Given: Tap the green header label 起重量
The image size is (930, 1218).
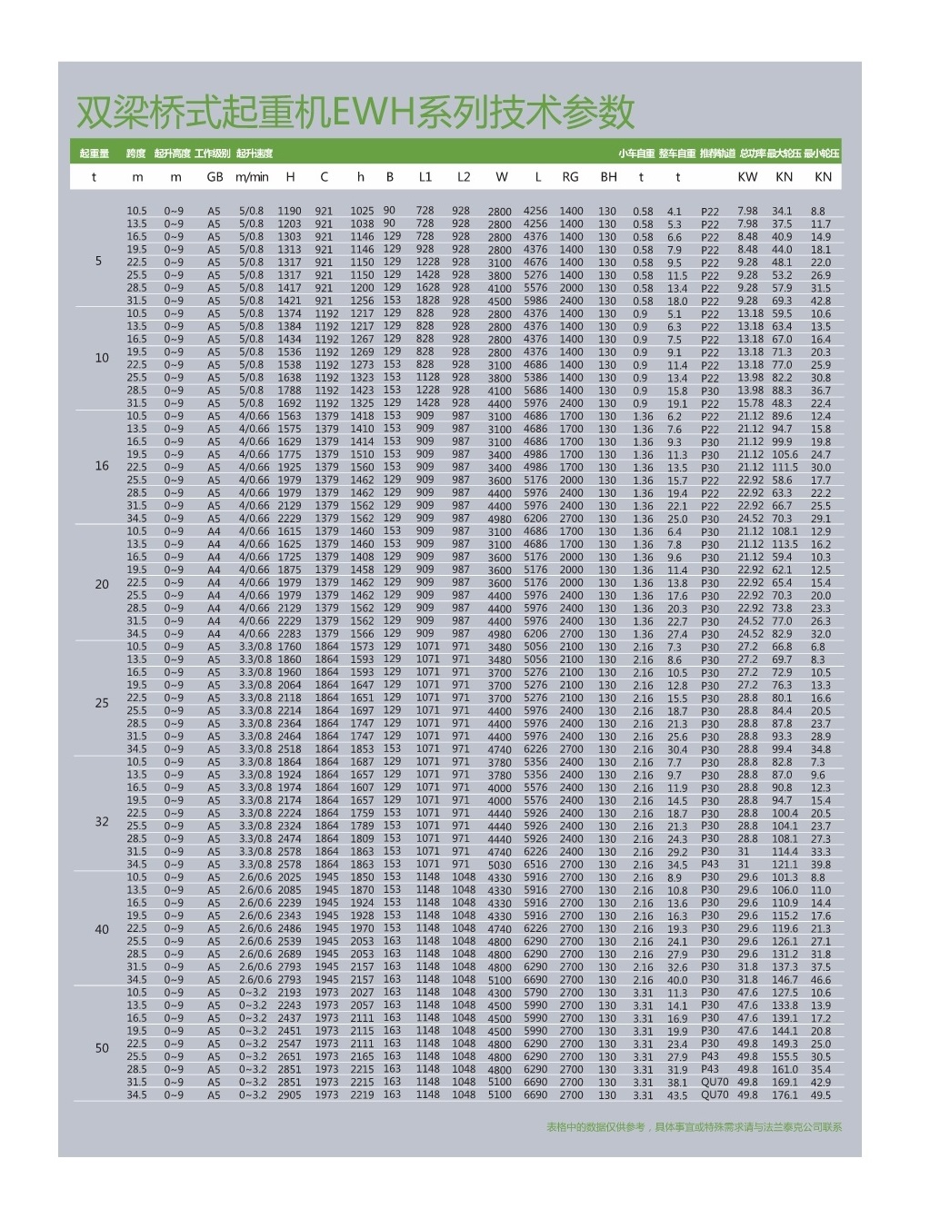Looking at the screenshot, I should pos(94,153).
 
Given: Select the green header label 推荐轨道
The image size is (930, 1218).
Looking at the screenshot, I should pos(718,153).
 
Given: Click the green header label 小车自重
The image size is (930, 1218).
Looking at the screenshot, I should pos(636,153).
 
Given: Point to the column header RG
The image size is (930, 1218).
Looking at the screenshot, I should pos(570,177).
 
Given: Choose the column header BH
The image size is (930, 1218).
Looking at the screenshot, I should pos(608,177).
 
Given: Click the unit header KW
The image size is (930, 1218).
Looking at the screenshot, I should pos(747,177).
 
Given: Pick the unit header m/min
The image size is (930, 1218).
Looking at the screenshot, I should pos(252,177).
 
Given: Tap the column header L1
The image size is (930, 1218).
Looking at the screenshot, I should pos(425,177).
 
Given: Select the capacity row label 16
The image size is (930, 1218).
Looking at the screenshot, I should pos(102,466).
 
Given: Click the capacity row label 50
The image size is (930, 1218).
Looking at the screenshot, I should pos(102,1048).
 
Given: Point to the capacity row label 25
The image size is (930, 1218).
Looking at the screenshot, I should pos(102,703).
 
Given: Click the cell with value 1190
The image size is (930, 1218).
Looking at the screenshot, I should pos(289,211).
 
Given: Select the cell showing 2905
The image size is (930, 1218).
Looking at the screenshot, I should pos(289,1095).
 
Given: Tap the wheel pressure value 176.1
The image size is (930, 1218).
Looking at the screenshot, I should pos(784,1095).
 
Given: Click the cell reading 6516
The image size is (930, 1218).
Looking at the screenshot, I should pos(535,865).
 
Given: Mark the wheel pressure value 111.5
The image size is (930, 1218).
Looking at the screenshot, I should pos(784,468).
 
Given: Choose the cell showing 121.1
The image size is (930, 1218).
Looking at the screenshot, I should pos(784,865).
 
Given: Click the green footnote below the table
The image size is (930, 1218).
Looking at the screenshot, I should pos(694,1127).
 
